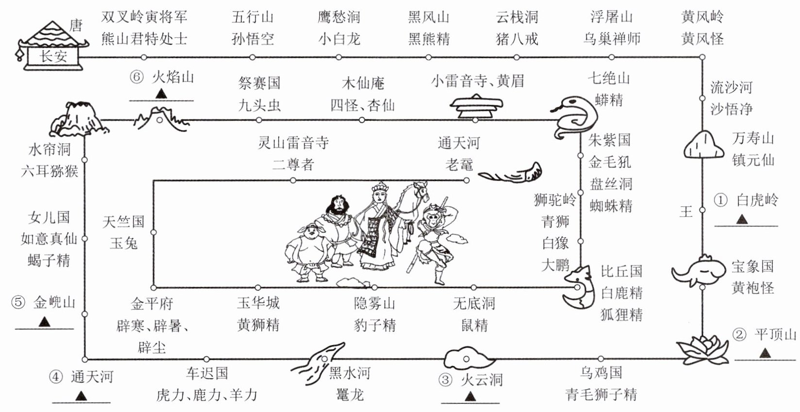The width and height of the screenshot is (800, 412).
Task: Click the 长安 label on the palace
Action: pos(53,56)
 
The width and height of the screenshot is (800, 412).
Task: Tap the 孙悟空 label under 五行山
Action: pos(252,39)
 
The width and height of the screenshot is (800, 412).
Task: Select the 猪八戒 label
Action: pos(517,39)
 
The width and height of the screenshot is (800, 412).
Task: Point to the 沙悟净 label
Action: pos(731,109)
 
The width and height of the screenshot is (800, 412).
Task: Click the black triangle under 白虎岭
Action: pos(742,220)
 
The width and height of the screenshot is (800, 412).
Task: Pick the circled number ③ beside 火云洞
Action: pos(445,380)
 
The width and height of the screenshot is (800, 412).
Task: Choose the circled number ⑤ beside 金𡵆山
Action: pos(17,303)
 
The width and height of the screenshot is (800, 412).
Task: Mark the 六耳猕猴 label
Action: pos(49,171)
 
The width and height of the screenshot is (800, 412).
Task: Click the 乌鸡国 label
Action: pos(600,373)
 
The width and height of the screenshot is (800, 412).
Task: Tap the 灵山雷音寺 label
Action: pos(293,143)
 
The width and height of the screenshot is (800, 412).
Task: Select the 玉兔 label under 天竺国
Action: pos(124,243)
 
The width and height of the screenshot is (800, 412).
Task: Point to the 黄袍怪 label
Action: pos(752,288)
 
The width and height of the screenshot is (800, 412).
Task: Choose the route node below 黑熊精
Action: pos(428,57)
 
